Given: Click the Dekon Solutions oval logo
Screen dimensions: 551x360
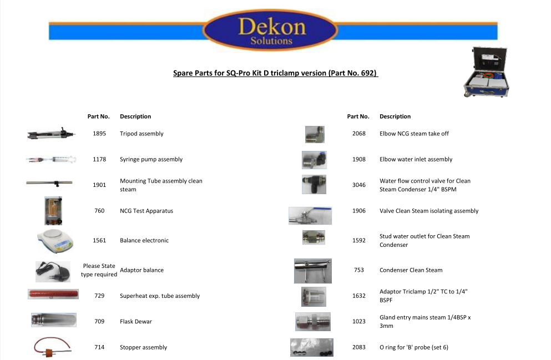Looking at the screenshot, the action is [x=270, y=30].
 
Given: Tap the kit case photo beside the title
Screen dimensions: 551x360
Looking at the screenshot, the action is [x=486, y=72].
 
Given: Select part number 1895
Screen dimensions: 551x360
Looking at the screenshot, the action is [x=99, y=134].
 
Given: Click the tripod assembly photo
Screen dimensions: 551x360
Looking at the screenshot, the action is [x=51, y=134].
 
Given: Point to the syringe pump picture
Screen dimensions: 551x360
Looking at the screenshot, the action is [x=51, y=159].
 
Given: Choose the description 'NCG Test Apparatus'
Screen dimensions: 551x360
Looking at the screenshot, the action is [x=146, y=211].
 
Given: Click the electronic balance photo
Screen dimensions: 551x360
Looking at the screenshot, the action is [x=55, y=241].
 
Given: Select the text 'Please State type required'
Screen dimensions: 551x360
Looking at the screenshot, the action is [x=99, y=270].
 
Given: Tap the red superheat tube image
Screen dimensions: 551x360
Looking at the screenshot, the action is [x=53, y=294].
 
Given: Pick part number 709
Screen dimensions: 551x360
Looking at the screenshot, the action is [x=99, y=321].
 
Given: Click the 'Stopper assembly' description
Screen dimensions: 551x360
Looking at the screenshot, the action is [x=143, y=347].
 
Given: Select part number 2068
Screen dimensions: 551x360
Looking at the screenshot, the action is [x=359, y=134].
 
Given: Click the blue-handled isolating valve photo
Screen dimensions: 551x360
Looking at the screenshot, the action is [x=310, y=216].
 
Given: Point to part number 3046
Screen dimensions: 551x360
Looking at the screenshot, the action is [x=359, y=185].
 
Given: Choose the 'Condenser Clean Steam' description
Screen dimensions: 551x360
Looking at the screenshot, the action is [x=411, y=270].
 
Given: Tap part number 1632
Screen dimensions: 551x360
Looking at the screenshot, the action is [x=359, y=296].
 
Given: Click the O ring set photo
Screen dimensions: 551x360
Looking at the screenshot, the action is [x=312, y=347].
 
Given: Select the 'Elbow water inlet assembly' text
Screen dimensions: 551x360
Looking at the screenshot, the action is [x=416, y=159].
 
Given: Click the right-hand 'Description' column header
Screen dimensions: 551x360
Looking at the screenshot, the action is [x=395, y=116].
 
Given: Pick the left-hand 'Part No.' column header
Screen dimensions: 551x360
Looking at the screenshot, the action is [x=98, y=116].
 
